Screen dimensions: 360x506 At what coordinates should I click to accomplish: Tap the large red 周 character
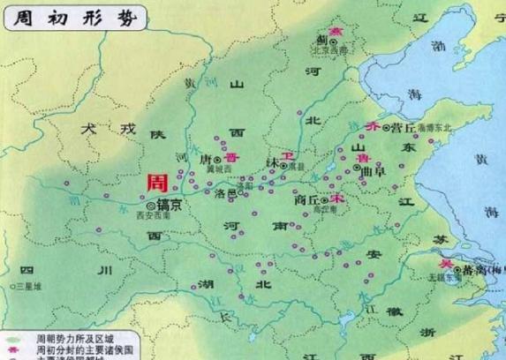point(157,184)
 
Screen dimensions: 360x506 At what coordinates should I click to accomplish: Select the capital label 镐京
point(168,205)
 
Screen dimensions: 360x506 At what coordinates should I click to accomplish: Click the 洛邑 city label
point(227,193)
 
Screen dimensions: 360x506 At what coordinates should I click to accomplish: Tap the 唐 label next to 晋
point(210,160)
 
